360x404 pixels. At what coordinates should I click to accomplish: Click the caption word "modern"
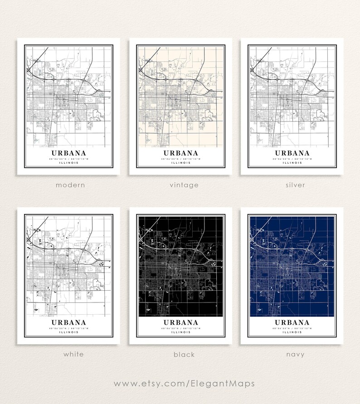pyautogui.click(x=70, y=185)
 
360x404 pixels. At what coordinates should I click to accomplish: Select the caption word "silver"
pyautogui.click(x=295, y=185)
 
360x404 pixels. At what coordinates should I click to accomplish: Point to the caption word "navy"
pyautogui.click(x=295, y=354)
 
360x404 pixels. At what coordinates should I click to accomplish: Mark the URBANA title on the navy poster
pyautogui.click(x=292, y=323)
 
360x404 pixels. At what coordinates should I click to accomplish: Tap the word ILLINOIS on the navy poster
pyautogui.click(x=292, y=332)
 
